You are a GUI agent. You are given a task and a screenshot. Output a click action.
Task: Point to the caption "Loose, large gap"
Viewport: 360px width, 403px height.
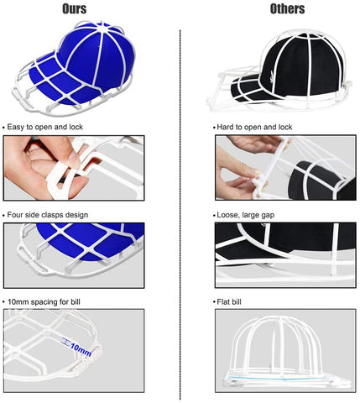pyautogui.click(x=249, y=216)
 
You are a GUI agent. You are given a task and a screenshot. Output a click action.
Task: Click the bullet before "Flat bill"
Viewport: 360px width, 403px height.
pyautogui.click(x=217, y=300)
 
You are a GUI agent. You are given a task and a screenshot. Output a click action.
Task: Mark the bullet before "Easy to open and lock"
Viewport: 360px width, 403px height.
pyautogui.click(x=5, y=126)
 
